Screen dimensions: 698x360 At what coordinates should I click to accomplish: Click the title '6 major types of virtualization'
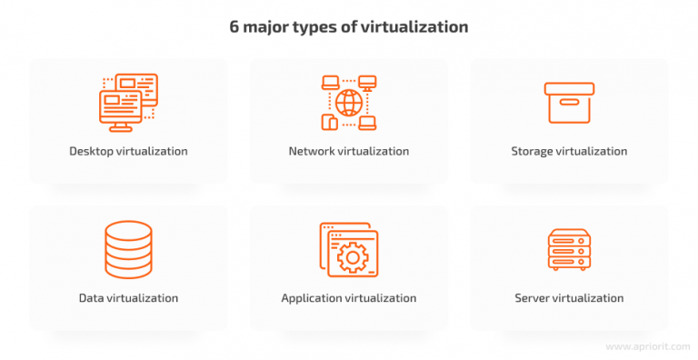[349, 26]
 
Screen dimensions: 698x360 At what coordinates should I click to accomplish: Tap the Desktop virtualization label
[128, 151]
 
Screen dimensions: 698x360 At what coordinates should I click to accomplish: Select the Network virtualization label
[349, 151]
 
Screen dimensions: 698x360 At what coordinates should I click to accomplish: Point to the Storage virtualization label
[569, 151]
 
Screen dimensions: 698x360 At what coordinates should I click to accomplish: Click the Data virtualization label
[128, 297]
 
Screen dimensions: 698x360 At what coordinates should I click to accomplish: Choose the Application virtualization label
[349, 297]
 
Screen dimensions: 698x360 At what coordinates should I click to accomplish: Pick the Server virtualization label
[569, 297]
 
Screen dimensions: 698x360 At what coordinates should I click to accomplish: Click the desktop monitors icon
[127, 98]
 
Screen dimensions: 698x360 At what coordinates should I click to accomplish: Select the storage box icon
[569, 102]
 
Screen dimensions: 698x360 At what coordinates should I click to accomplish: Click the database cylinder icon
[128, 247]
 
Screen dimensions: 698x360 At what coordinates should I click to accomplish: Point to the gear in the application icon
[351, 257]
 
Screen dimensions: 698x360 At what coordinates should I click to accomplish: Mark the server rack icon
[569, 248]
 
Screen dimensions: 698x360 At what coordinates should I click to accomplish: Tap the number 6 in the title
[234, 26]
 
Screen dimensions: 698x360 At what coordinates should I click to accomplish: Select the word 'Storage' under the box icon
[533, 151]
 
